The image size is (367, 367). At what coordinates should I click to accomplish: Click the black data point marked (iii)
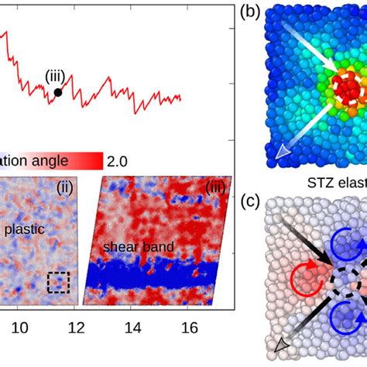(58, 92)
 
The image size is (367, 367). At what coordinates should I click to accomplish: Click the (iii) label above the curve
(55, 75)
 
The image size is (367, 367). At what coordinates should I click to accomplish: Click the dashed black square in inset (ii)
(57, 283)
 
